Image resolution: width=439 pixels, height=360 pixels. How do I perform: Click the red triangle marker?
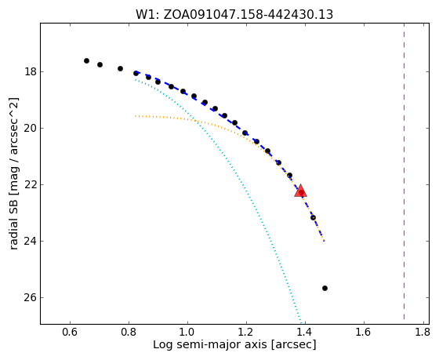point(301,191)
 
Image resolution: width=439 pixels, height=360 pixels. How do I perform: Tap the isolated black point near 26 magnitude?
point(325,289)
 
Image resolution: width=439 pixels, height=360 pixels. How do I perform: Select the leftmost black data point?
point(86,61)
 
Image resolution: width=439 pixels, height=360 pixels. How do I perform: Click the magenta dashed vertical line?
point(404,171)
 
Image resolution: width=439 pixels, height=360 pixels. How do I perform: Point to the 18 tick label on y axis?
point(31,71)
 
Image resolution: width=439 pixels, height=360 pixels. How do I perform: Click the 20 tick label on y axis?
point(31,129)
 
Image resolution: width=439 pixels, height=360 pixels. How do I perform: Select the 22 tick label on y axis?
point(31,184)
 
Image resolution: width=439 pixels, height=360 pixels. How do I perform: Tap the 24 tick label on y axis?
point(31,241)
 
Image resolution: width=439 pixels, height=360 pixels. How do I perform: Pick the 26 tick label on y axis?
point(31,297)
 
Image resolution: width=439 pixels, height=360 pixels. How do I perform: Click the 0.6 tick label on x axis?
point(70,333)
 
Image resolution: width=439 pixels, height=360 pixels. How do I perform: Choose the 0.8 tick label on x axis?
point(129,333)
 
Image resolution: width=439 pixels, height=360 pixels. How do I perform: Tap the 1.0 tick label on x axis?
point(187,333)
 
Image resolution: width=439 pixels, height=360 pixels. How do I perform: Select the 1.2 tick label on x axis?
point(246,333)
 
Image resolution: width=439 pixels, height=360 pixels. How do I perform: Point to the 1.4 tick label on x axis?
point(305,333)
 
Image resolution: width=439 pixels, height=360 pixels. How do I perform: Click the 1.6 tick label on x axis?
point(364,333)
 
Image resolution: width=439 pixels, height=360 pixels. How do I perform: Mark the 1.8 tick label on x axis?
point(423,333)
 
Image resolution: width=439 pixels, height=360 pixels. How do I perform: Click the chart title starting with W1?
point(234,14)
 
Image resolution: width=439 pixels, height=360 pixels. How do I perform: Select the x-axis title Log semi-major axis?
point(234,345)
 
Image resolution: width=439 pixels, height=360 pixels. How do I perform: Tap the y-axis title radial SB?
point(14,173)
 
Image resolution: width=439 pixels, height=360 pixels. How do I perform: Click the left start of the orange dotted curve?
point(135,116)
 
